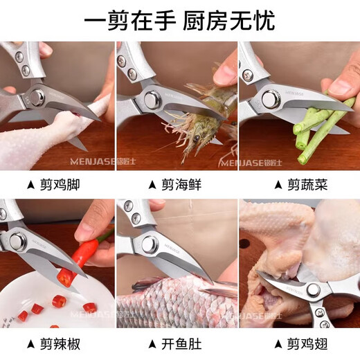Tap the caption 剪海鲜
click(183, 185)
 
